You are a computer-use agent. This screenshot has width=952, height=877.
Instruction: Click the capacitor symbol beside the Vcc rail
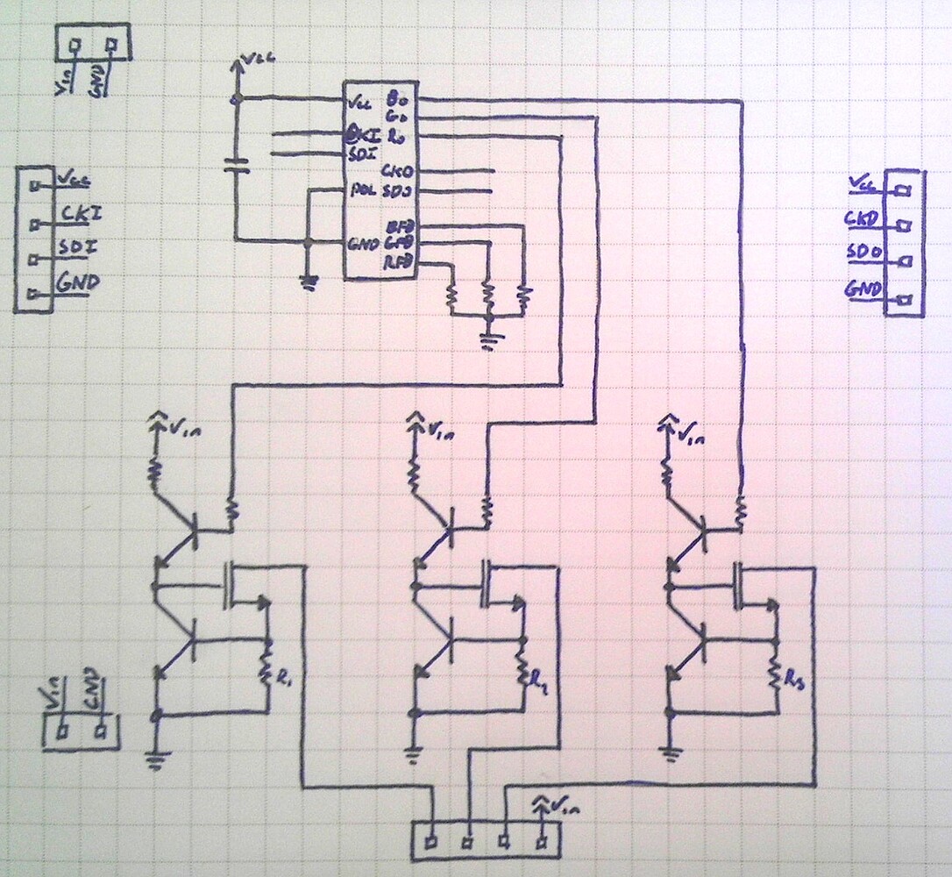(x=234, y=164)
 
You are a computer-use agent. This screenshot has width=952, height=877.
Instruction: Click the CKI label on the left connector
(x=78, y=213)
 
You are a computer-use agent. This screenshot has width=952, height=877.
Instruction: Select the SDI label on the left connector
(x=76, y=248)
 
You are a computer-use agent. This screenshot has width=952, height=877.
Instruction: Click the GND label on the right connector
(x=863, y=289)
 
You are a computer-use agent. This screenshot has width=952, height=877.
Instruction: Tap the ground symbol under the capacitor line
(x=308, y=280)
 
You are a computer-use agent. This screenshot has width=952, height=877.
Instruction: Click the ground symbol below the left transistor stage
(x=156, y=758)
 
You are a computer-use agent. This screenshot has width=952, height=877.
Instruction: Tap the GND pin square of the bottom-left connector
(x=103, y=730)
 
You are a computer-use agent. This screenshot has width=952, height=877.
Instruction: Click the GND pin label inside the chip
(x=363, y=244)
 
